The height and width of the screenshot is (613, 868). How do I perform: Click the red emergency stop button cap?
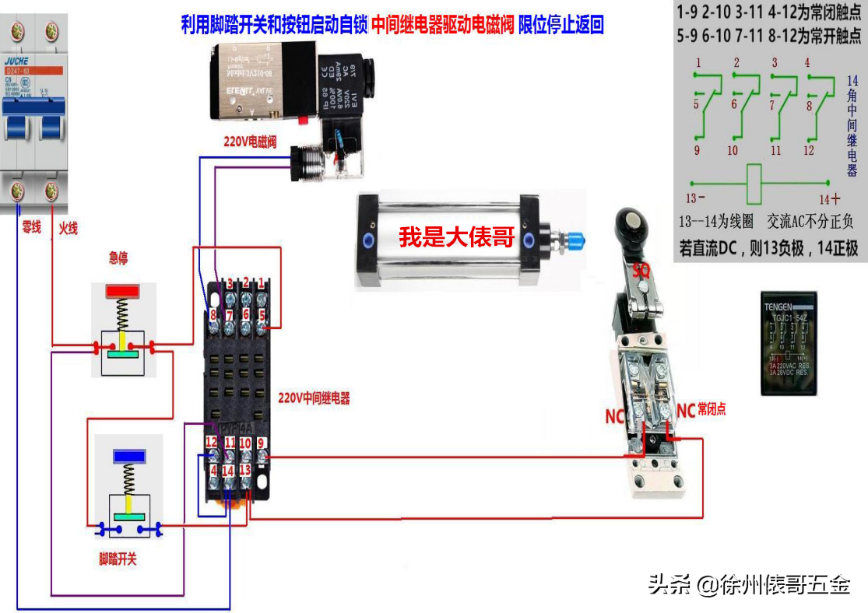[122, 291]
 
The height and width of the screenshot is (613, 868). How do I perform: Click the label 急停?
[119, 257]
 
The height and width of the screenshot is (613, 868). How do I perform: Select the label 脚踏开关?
[123, 559]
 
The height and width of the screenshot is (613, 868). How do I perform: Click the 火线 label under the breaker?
[68, 229]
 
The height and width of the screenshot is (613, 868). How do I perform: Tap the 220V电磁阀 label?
[249, 143]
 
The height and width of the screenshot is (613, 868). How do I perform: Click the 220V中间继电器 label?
[314, 398]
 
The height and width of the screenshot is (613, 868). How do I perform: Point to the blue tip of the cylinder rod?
[578, 236]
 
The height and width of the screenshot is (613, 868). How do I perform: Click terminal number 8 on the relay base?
[213, 315]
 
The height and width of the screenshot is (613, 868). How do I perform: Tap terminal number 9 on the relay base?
[262, 443]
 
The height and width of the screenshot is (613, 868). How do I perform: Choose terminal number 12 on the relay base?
[211, 442]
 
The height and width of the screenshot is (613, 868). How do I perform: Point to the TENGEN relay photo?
[789, 343]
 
